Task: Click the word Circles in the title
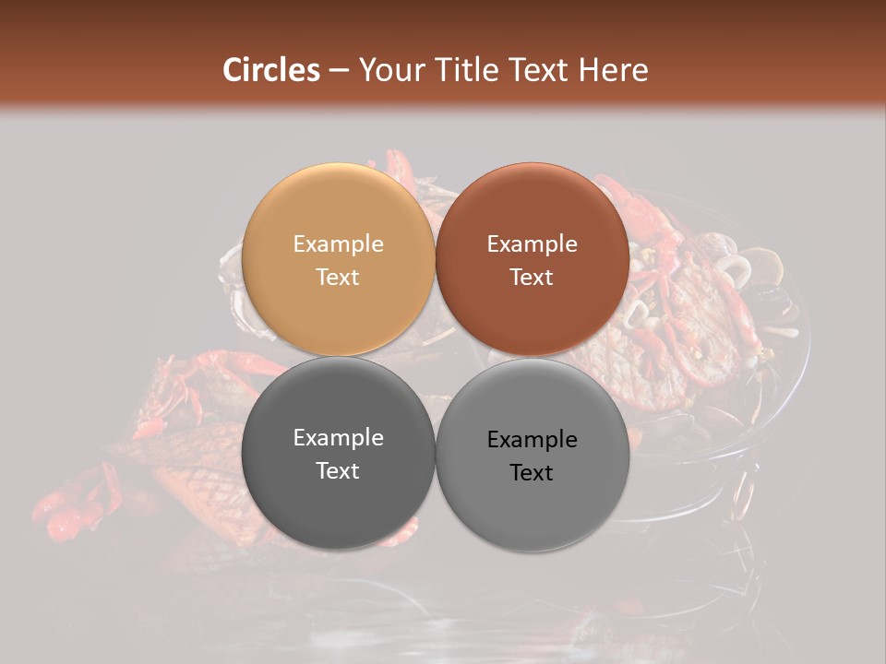click(x=270, y=70)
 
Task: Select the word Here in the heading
click(x=614, y=70)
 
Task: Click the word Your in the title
click(x=389, y=70)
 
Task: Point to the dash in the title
click(x=339, y=71)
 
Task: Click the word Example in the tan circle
click(x=338, y=243)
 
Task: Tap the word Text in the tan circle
click(x=338, y=277)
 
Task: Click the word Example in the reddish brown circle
click(x=532, y=243)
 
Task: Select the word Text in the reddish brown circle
click(x=532, y=277)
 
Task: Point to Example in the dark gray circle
click(x=338, y=437)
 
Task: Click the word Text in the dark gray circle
click(x=338, y=470)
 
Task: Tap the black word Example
click(x=532, y=439)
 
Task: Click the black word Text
click(x=532, y=472)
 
